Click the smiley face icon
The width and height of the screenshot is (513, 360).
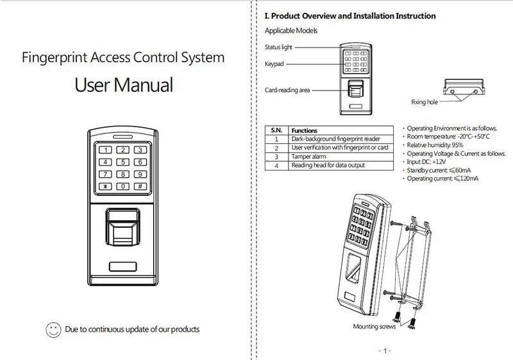(x=53, y=329)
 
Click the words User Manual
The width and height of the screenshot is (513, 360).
(x=124, y=85)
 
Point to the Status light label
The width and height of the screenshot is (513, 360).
(x=278, y=47)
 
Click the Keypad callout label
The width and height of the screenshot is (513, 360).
(x=274, y=64)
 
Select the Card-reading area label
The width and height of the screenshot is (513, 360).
(x=287, y=90)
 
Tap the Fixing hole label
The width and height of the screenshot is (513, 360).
(x=425, y=102)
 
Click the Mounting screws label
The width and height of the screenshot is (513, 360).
(x=374, y=327)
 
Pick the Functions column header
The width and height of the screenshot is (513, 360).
(x=305, y=130)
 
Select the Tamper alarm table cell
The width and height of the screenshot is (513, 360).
(x=311, y=157)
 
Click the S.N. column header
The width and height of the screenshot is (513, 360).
(x=276, y=130)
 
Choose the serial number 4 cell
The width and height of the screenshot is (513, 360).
(x=276, y=166)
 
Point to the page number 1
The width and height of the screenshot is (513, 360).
(x=384, y=350)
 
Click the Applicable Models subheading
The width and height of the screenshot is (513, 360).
(x=291, y=31)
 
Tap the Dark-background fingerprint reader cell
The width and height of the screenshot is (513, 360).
(x=327, y=139)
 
